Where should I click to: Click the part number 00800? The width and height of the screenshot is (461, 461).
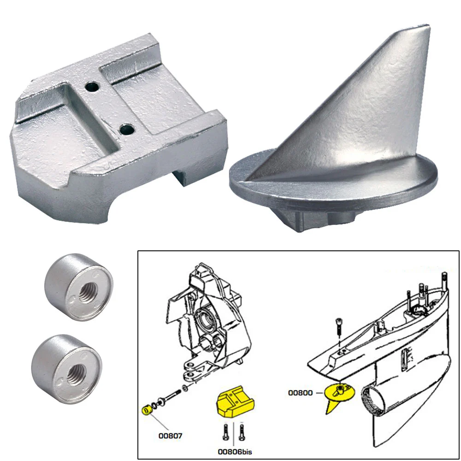click(301, 393)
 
